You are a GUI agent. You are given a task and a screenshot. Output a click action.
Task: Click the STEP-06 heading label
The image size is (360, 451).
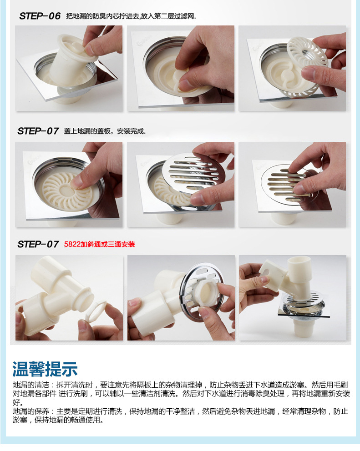point(40,16)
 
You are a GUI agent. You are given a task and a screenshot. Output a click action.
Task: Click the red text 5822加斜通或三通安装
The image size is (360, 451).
point(99,244)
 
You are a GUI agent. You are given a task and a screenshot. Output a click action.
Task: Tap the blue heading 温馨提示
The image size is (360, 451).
point(45,369)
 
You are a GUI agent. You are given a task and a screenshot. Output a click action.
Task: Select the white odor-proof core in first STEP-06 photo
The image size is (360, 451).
point(72,61)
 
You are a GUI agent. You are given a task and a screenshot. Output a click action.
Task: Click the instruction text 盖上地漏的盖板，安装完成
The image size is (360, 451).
point(105,131)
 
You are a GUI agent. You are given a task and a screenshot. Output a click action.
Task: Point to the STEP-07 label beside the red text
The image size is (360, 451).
point(38,244)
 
